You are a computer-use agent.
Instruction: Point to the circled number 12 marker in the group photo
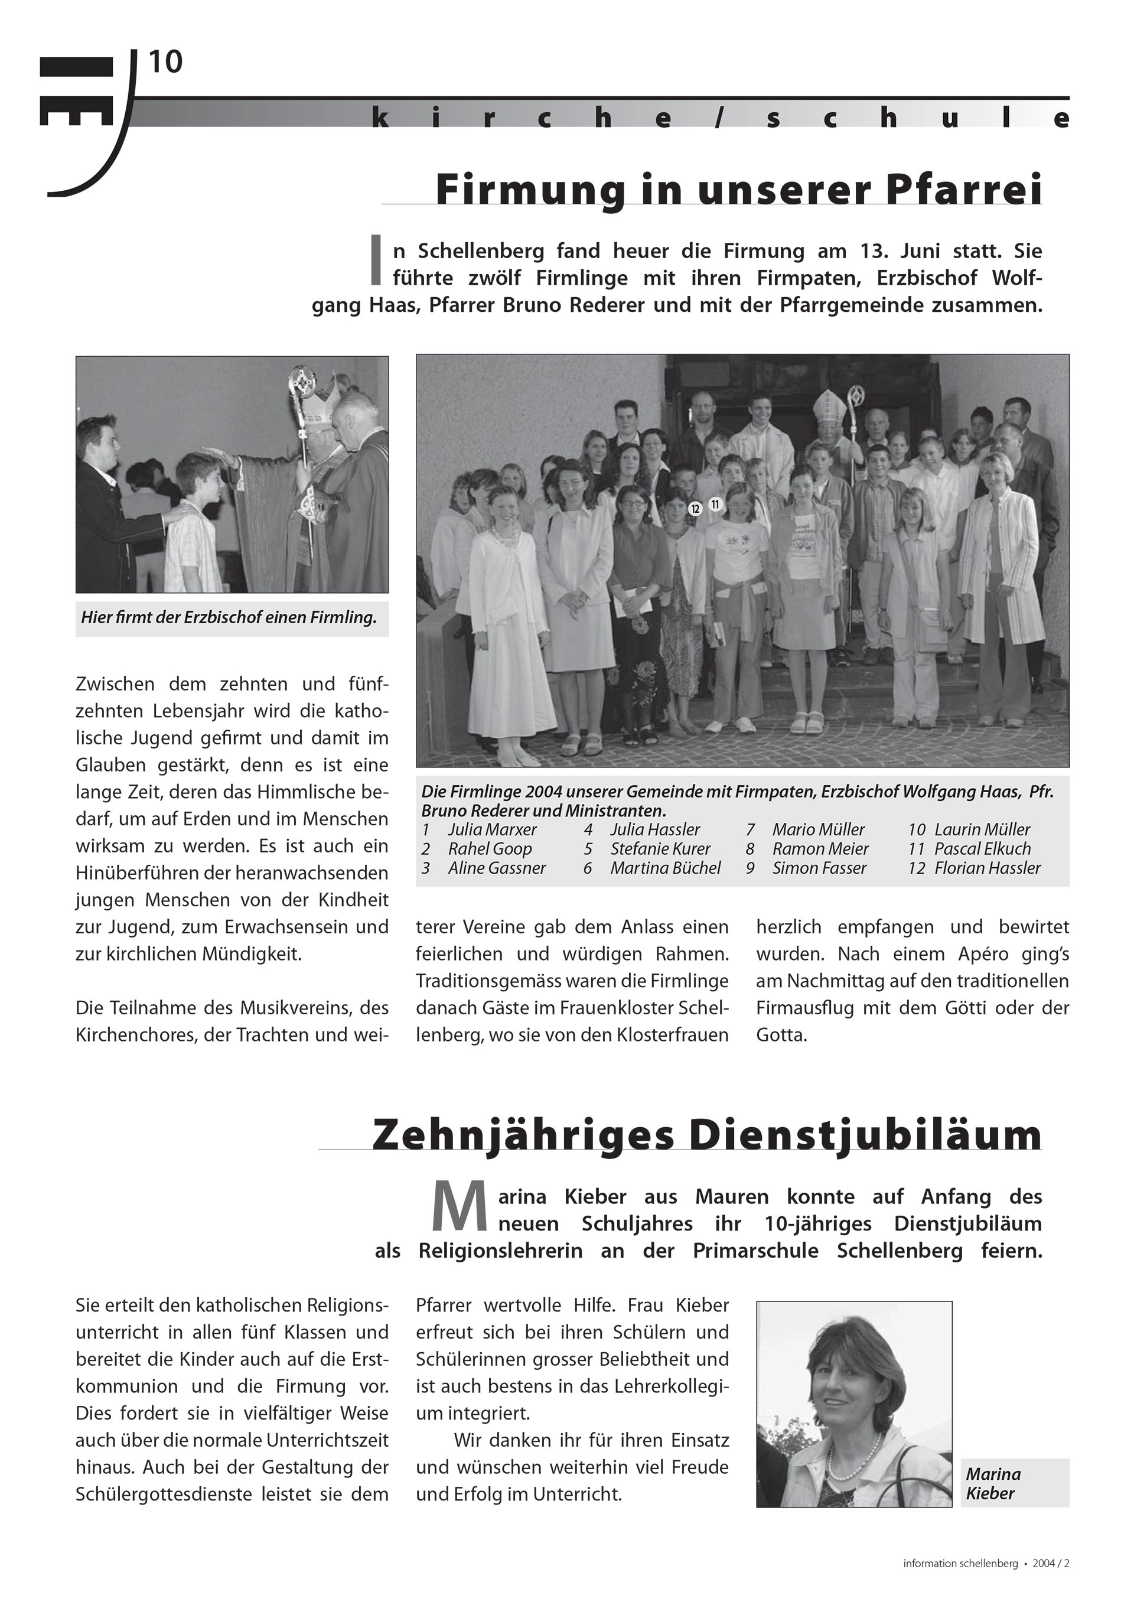pyautogui.click(x=695, y=509)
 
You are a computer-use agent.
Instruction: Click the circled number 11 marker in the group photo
pyautogui.click(x=715, y=503)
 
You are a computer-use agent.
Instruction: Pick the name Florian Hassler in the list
pyautogui.click(x=987, y=868)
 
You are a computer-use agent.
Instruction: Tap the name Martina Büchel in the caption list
pyautogui.click(x=665, y=868)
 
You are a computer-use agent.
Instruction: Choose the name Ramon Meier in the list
pyautogui.click(x=820, y=849)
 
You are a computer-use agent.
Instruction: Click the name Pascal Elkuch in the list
pyautogui.click(x=982, y=849)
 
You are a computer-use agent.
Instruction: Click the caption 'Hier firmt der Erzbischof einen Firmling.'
pyautogui.click(x=229, y=617)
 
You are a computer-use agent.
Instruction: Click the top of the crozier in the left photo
pyautogui.click(x=302, y=380)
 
